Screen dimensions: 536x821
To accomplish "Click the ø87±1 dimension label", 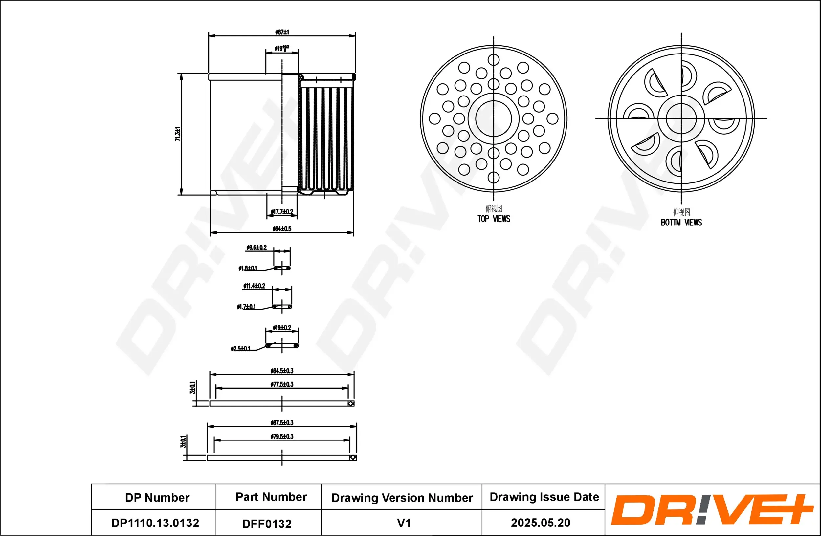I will tap(282, 32).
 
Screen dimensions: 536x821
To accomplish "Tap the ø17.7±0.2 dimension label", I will tap(282, 212).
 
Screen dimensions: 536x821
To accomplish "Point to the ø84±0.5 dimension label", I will tap(282, 229).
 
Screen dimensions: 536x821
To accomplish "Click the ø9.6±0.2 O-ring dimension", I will tap(256, 247).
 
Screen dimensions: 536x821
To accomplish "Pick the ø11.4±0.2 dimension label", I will tap(254, 286).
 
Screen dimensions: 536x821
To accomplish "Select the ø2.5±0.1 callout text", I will tap(240, 349).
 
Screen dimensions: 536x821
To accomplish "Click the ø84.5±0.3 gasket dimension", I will tap(282, 371).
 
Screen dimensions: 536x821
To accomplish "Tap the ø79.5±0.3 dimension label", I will tap(282, 437).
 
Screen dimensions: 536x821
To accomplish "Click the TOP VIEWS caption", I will tap(494, 219).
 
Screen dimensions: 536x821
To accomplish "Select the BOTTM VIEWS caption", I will tap(681, 223).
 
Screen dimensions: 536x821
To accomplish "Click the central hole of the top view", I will tap(493, 118).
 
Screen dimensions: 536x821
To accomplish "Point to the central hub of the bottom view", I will tap(681, 118).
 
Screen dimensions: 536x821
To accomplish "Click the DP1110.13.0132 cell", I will tap(155, 523).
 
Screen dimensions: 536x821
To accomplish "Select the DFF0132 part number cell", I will tap(267, 524).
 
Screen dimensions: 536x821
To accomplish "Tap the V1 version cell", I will tap(404, 523).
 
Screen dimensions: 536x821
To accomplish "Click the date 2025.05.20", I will tap(541, 523).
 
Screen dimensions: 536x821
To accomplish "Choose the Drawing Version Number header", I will tap(402, 498).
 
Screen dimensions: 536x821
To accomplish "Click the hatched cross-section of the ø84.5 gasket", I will tap(351, 404).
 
